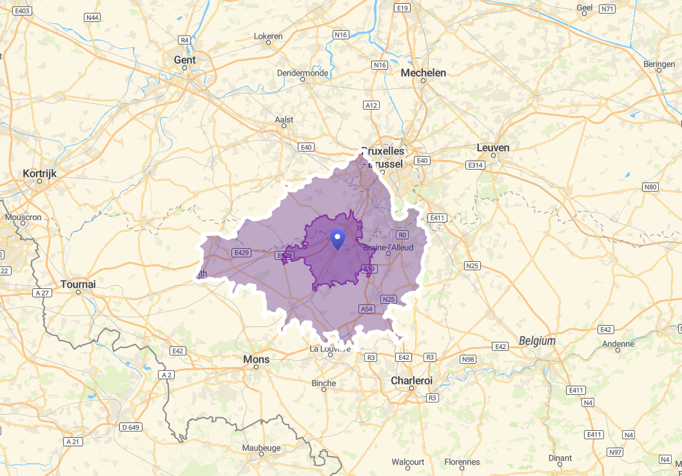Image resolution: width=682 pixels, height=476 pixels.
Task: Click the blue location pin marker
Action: (337, 239)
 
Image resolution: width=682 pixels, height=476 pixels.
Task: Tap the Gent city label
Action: (184, 60)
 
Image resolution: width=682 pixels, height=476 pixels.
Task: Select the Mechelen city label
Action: (423, 73)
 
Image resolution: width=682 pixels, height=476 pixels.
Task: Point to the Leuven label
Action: (493, 148)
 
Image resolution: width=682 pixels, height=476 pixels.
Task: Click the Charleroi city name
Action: (411, 381)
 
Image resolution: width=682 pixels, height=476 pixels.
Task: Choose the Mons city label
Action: (256, 359)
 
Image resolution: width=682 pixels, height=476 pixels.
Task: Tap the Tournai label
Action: (78, 284)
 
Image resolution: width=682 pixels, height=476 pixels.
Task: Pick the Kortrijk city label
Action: (40, 174)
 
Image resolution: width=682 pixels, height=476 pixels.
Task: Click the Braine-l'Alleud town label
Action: (388, 247)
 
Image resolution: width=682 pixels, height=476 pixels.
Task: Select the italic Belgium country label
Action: (537, 341)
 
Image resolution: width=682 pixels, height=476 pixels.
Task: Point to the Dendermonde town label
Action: (302, 73)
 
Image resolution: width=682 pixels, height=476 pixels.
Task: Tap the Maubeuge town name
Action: (261, 448)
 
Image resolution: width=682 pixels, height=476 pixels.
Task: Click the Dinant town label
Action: (560, 458)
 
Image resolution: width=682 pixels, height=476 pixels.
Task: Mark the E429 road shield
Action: (242, 252)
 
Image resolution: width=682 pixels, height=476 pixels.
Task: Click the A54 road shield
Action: (367, 309)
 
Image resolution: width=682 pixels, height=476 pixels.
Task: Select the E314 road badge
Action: (475, 165)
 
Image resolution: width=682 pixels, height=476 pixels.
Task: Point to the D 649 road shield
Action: (130, 427)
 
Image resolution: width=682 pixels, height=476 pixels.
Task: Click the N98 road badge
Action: (469, 359)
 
